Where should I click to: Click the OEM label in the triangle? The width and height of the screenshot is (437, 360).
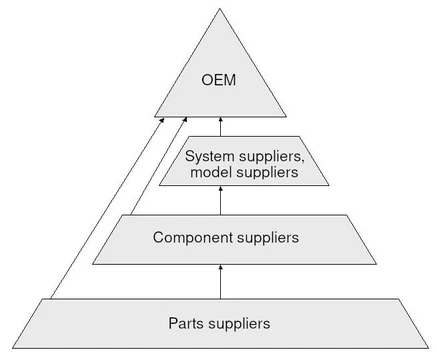(x=219, y=80)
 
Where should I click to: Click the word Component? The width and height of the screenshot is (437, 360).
(x=193, y=238)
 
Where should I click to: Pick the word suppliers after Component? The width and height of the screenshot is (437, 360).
(x=268, y=238)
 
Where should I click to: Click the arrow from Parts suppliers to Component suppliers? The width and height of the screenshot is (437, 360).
(x=220, y=282)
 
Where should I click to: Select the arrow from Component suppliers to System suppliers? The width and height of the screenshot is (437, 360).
(x=220, y=200)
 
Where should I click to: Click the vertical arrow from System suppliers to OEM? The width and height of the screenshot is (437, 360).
(x=220, y=127)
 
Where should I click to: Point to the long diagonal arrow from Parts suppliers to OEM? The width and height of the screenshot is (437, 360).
(x=107, y=208)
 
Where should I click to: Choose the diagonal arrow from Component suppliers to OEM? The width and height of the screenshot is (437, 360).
(x=159, y=166)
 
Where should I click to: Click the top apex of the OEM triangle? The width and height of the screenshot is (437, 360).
(x=219, y=9)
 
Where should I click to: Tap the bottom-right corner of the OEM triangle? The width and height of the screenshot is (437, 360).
(x=286, y=117)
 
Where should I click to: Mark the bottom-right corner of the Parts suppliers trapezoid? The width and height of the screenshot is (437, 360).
(x=428, y=348)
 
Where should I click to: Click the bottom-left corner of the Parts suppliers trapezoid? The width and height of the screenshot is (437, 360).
(x=13, y=348)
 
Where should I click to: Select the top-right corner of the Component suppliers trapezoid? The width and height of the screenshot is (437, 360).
(x=347, y=215)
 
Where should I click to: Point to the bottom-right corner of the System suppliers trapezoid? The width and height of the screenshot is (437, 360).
(x=329, y=185)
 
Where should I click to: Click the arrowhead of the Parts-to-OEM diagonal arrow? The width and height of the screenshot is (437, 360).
(x=162, y=120)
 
